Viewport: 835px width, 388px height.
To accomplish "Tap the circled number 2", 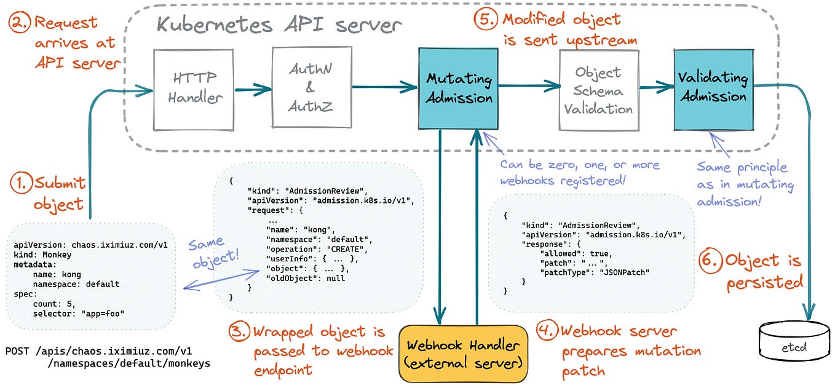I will point(20,23).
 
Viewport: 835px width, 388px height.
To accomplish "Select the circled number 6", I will point(711,261).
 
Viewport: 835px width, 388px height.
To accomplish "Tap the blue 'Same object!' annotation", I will point(207,253).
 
